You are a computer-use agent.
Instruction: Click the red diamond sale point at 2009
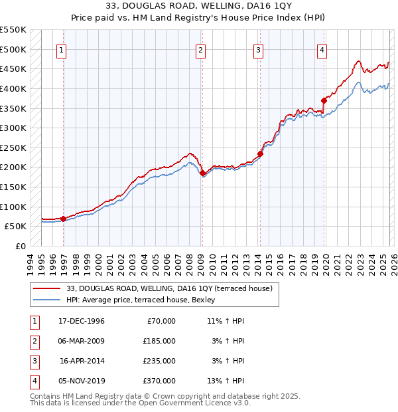[202, 173]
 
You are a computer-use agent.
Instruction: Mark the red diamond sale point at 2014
[260, 154]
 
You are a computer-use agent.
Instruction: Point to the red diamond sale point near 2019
[324, 100]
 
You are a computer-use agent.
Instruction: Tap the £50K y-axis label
[16, 227]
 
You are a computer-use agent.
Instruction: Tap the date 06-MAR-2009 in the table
[82, 340]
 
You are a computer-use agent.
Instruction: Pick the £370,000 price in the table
[159, 381]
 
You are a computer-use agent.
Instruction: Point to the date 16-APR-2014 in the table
[82, 361]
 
